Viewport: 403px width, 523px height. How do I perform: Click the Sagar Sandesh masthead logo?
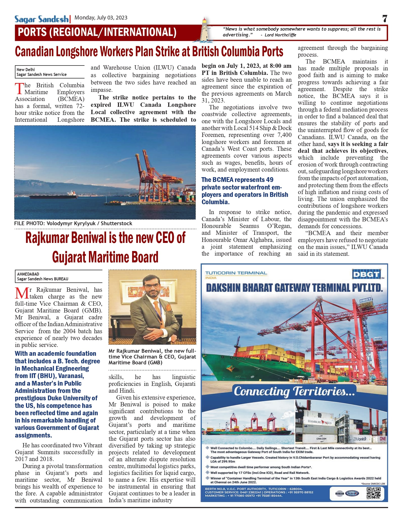(41, 19)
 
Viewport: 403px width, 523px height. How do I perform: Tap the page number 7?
(385, 19)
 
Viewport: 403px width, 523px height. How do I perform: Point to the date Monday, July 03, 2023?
(101, 18)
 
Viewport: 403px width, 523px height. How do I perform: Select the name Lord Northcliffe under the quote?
(280, 35)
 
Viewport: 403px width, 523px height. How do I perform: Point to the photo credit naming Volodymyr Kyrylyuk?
(73, 223)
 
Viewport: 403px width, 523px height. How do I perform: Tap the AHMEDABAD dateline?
(28, 274)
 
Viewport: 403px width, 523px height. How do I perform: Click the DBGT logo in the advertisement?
(366, 274)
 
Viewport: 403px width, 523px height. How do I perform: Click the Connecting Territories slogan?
(294, 391)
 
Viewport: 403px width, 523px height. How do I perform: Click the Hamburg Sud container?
(319, 422)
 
